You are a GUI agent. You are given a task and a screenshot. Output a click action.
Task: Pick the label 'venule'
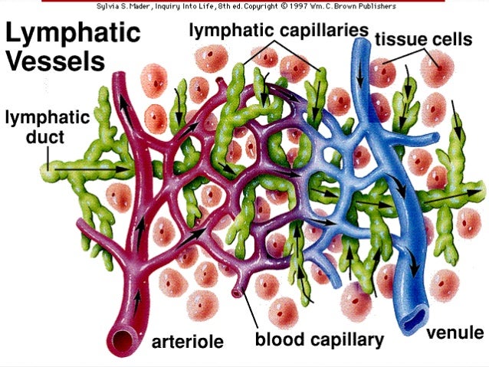click(x=455, y=333)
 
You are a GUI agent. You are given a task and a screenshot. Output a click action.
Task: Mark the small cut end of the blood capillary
click(x=237, y=292)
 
